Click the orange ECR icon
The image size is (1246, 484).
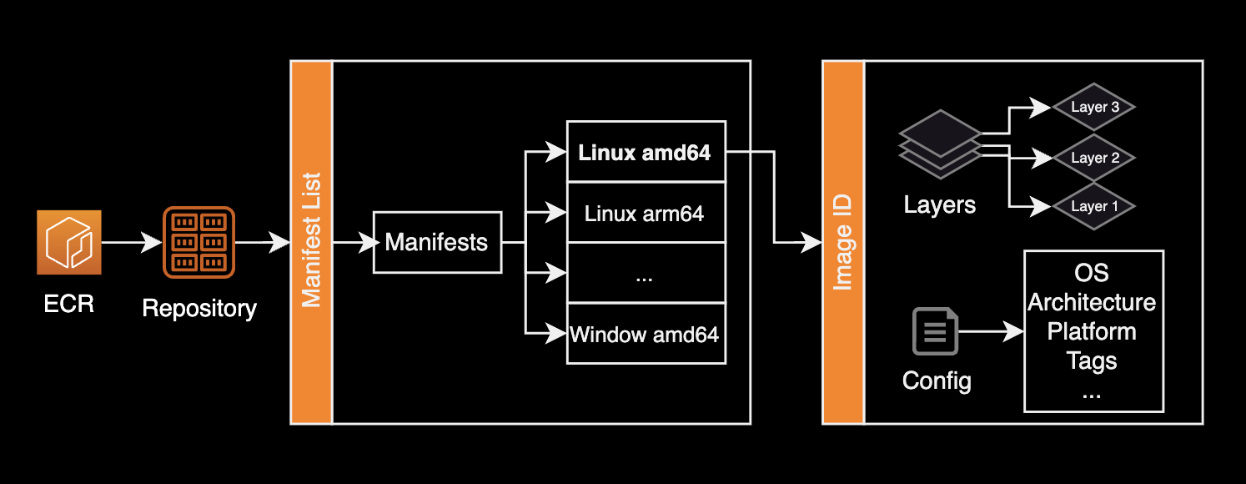[x=68, y=242]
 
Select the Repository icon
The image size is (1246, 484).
[x=198, y=242]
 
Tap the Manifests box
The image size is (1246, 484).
[x=437, y=243]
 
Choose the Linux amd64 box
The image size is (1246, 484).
[x=646, y=152]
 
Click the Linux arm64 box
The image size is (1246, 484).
[x=646, y=213]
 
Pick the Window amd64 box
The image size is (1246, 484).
[x=646, y=335]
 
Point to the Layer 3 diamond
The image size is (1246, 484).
[x=1093, y=107]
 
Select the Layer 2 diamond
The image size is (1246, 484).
[x=1093, y=157]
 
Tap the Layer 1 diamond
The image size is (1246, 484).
[x=1093, y=206]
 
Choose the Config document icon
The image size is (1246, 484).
[x=936, y=331]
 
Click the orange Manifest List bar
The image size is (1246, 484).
[x=311, y=242]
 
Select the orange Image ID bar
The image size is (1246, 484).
[x=843, y=242]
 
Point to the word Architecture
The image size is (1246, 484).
[x=1092, y=302]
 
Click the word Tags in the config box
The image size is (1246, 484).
[x=1092, y=361]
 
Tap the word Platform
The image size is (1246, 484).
[x=1092, y=331]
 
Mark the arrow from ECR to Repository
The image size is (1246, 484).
[x=131, y=243]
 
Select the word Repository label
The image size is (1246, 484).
[x=199, y=308]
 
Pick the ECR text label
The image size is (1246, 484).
[x=68, y=303]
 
